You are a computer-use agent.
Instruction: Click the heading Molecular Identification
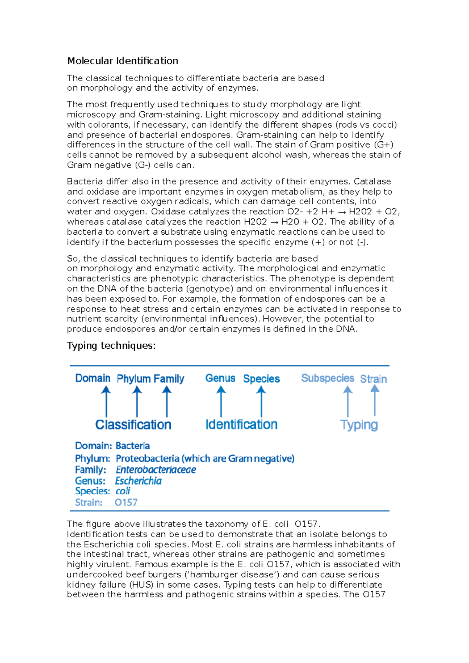[x=123, y=61]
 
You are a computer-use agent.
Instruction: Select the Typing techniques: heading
[x=111, y=346]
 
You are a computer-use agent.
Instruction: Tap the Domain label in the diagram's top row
[x=93, y=378]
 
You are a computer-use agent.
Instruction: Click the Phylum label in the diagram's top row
[x=134, y=379]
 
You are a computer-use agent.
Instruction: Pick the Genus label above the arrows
[x=220, y=378]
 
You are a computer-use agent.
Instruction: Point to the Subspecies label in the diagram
[x=328, y=378]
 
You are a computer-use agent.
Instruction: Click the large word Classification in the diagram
[x=133, y=424]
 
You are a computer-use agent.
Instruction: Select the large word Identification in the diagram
[x=242, y=424]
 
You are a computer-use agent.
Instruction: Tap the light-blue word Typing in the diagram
[x=359, y=425]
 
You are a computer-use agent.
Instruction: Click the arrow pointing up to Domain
[x=106, y=401]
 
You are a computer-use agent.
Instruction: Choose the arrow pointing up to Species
[x=261, y=401]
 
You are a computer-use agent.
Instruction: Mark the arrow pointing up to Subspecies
[x=348, y=401]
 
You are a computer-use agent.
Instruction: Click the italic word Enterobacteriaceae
[x=156, y=470]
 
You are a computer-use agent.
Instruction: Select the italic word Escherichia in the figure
[x=138, y=481]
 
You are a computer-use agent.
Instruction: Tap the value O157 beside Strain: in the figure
[x=126, y=503]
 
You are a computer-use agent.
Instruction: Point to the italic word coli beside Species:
[x=123, y=491]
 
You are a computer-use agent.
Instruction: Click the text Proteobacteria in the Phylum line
[x=147, y=458]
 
